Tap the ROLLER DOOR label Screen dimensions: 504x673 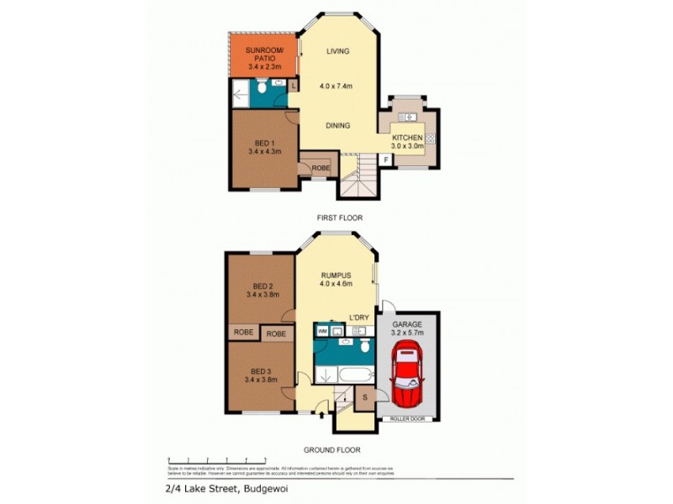[x=406, y=418]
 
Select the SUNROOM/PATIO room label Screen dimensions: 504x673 [x=263, y=55]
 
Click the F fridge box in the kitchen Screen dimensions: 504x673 [x=385, y=159]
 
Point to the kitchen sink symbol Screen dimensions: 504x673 [x=409, y=117]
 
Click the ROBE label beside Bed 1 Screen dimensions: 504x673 [x=321, y=167]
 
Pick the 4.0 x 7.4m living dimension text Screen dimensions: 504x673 [x=335, y=86]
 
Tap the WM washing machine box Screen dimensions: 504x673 [x=322, y=333]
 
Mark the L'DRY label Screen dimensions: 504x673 [x=360, y=317]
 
